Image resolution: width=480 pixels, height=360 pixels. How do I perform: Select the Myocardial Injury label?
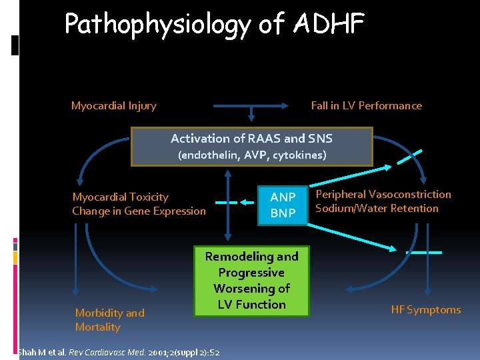pos(114,105)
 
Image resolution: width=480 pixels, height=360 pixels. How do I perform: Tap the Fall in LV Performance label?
pos(366,105)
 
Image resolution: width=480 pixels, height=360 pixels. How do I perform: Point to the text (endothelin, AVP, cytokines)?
pos(251,155)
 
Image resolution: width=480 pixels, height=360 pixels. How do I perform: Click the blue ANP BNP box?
pos(283,205)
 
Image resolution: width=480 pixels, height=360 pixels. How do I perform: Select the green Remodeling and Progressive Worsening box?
pos(252,281)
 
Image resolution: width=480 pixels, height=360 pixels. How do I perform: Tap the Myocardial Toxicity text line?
pos(120,197)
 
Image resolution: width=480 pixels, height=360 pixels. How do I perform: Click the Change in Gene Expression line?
pos(139,211)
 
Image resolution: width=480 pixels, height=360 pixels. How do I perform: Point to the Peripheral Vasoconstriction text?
pos(383,194)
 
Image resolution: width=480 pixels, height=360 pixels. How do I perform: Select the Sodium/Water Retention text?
pos(377,209)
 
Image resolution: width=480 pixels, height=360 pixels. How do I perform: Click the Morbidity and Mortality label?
pos(109,320)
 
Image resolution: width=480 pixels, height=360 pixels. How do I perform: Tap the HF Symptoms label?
pos(425,309)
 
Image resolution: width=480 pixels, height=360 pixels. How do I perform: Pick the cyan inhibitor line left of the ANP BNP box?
pos(226,201)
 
